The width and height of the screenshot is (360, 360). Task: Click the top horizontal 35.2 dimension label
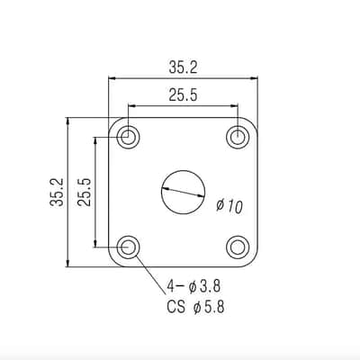click(x=184, y=67)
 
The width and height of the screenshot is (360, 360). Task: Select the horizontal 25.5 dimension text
click(x=183, y=95)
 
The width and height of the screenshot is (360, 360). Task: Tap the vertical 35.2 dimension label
click(x=57, y=192)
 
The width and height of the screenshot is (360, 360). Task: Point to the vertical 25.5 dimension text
click(x=85, y=192)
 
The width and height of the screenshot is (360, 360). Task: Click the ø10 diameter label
click(x=229, y=206)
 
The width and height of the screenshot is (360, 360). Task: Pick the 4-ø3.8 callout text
click(x=193, y=286)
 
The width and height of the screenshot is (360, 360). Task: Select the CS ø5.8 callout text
click(x=195, y=308)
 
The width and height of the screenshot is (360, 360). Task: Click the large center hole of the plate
click(x=184, y=192)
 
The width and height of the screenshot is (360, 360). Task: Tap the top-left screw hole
click(x=128, y=137)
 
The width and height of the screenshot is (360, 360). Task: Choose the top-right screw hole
click(x=238, y=137)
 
